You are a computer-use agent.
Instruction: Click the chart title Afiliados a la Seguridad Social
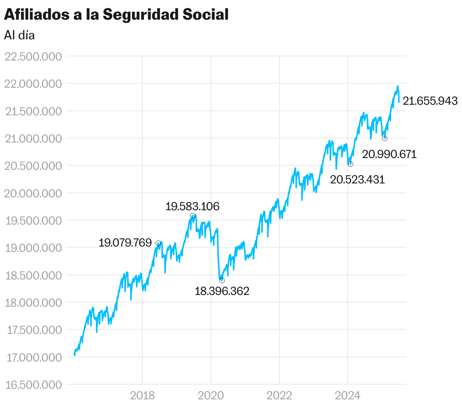point(116,15)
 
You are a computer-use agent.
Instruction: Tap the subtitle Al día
point(19,35)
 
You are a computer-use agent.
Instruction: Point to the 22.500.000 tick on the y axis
point(33,57)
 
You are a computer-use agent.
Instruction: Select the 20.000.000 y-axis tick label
point(33,193)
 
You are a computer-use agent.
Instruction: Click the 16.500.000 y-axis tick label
point(33,385)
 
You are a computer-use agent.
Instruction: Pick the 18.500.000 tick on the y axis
point(33,275)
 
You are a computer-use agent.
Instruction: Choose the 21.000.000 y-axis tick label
point(33,139)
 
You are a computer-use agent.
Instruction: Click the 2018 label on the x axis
point(142,396)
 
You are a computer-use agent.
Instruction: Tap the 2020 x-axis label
point(211,396)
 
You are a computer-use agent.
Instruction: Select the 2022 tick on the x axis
point(279,396)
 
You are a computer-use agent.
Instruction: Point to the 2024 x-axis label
point(348,396)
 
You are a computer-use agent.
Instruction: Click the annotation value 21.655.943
point(430,101)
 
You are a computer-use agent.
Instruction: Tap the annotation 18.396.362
point(222,291)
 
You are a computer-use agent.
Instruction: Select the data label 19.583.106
point(192,206)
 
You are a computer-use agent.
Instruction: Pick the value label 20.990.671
point(389,154)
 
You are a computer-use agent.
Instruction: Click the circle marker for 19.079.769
point(158,243)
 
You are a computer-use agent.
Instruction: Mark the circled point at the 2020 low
point(222,280)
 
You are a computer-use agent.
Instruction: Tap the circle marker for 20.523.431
point(350,164)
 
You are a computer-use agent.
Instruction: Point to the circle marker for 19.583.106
point(192,216)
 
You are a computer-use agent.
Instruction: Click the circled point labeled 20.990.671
point(385,138)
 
